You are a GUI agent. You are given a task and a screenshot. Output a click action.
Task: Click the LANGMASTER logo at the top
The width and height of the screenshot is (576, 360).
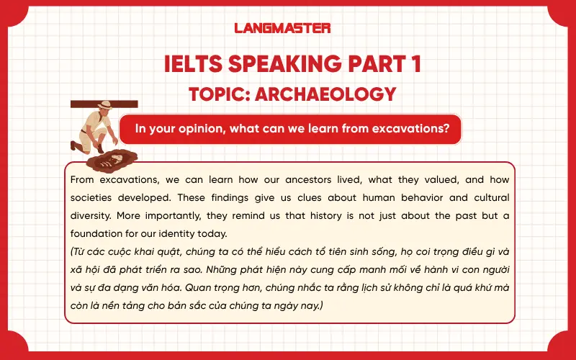tap(282, 28)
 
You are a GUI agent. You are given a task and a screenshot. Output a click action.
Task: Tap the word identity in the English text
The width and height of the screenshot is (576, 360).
tap(200, 234)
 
